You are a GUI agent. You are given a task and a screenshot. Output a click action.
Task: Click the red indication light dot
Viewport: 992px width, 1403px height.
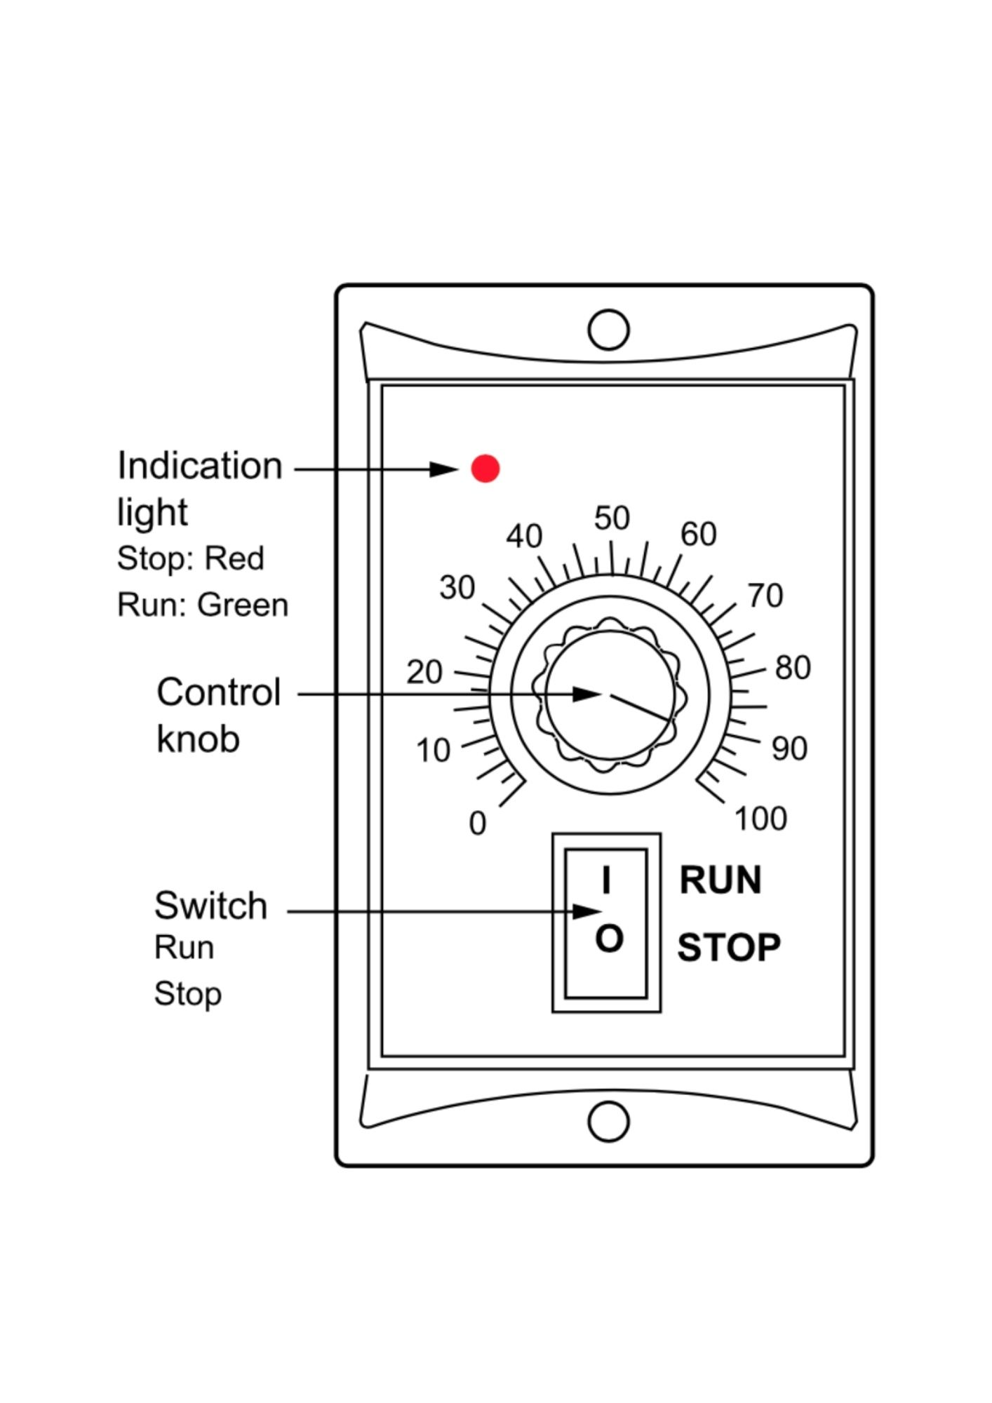point(485,468)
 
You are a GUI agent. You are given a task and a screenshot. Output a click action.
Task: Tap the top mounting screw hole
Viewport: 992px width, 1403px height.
point(608,329)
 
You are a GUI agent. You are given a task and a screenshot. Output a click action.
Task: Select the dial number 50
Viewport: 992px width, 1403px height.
point(612,518)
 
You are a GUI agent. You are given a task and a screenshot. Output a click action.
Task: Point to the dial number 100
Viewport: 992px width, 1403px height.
point(760,819)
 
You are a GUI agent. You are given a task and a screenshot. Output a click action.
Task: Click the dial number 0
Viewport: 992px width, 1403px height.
point(477,824)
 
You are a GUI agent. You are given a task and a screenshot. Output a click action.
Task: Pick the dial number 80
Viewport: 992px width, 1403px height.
point(793,668)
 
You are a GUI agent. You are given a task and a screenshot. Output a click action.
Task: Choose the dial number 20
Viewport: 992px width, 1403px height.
point(424,673)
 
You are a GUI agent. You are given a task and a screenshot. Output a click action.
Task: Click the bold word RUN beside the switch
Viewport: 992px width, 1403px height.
point(720,880)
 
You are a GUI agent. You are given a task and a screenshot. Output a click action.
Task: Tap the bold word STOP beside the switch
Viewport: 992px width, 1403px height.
point(729,948)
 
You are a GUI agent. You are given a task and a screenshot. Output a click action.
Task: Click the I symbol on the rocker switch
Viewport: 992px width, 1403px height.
point(606,880)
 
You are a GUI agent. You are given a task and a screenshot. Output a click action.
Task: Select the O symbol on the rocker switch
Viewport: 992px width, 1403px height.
point(609,938)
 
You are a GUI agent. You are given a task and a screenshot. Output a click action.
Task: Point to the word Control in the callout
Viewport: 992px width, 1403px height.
point(219,692)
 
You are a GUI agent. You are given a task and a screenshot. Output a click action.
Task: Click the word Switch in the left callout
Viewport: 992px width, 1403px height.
point(211,905)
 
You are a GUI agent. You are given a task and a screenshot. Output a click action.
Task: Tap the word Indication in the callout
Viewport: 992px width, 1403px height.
point(200,465)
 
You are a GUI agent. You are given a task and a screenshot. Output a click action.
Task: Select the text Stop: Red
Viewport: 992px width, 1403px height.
point(191,558)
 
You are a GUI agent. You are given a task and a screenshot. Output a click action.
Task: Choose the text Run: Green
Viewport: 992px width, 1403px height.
point(203,605)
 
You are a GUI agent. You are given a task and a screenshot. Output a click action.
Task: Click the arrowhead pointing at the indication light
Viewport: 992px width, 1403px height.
point(444,469)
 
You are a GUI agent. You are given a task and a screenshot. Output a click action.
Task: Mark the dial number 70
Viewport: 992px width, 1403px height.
point(765,596)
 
